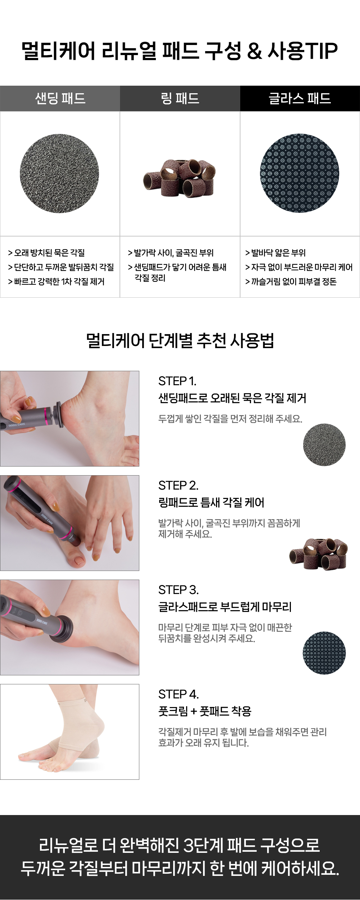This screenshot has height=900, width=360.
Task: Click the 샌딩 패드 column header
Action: [x=60, y=98]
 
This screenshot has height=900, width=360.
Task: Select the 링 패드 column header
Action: [x=180, y=98]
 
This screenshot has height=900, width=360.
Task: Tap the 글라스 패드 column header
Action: [x=300, y=98]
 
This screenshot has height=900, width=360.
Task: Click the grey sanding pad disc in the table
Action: [x=59, y=174]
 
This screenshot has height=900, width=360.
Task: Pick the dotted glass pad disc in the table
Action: [x=300, y=173]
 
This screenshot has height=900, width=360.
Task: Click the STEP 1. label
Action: [x=177, y=381]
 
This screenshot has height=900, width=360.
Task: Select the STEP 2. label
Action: [x=178, y=485]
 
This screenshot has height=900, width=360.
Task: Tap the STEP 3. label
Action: [x=178, y=590]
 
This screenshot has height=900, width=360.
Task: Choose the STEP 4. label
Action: [x=179, y=694]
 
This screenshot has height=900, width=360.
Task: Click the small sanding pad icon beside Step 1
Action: [x=324, y=445]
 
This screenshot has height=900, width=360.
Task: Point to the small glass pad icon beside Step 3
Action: [x=324, y=653]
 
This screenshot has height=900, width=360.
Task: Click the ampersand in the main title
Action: [x=255, y=51]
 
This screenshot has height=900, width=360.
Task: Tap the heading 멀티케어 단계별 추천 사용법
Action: [x=180, y=341]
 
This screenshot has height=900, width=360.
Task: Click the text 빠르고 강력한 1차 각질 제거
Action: [x=59, y=282]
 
